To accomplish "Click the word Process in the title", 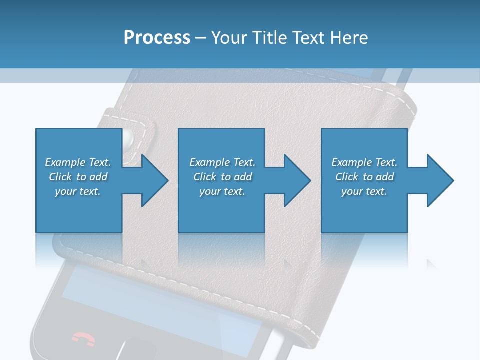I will coord(157,38).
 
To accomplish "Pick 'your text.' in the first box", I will coord(78,191).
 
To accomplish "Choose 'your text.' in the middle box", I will coord(222,191).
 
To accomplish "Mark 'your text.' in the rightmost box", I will coord(364,191).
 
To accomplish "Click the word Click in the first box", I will coord(60,177).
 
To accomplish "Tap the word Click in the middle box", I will coord(205,177).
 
